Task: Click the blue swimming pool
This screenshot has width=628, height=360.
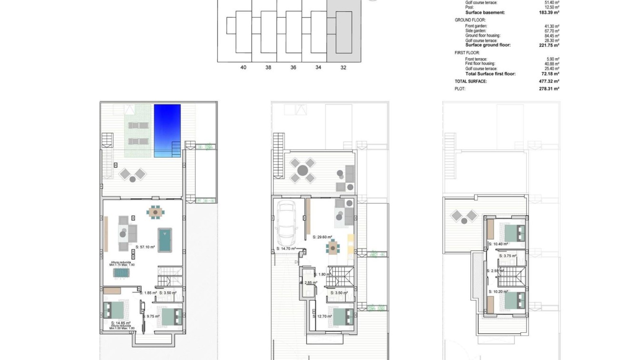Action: pos(167,130)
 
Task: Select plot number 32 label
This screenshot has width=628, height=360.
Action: pos(343,68)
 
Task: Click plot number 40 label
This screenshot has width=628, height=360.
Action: pos(243,68)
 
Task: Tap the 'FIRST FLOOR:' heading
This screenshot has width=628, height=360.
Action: pos(467,53)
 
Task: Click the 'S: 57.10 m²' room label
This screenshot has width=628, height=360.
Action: pos(145,247)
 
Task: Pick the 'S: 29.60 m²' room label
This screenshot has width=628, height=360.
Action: pos(322,237)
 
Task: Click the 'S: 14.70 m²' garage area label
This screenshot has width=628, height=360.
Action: pos(286,249)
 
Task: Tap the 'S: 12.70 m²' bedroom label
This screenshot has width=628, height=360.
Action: pos(322,316)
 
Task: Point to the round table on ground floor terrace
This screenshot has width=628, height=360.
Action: pos(302,170)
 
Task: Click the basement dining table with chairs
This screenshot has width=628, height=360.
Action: pos(155,212)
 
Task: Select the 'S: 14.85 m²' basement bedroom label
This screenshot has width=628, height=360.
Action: pos(114,322)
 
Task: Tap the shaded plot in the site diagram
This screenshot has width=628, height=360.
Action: pos(343,31)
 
